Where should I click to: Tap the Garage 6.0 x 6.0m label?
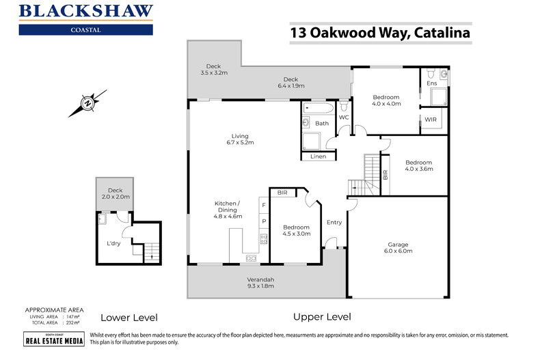(x=397, y=247)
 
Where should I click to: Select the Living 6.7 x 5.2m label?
(x=239, y=139)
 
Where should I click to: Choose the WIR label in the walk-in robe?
(x=431, y=120)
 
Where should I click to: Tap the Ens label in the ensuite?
(x=431, y=84)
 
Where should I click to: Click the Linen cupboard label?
(x=318, y=156)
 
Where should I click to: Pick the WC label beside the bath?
(x=344, y=117)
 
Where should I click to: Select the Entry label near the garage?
(x=334, y=222)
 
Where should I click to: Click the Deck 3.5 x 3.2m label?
(x=214, y=69)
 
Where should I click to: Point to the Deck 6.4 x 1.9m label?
(x=291, y=83)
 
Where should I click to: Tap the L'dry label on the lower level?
(x=113, y=243)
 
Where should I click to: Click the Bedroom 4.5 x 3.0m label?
(x=296, y=230)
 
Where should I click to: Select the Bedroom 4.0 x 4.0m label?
(x=386, y=100)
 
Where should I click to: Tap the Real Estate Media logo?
(x=44, y=340)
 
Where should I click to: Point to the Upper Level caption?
(x=322, y=317)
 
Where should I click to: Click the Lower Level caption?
(x=129, y=318)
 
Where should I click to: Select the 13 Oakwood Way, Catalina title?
(x=380, y=33)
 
